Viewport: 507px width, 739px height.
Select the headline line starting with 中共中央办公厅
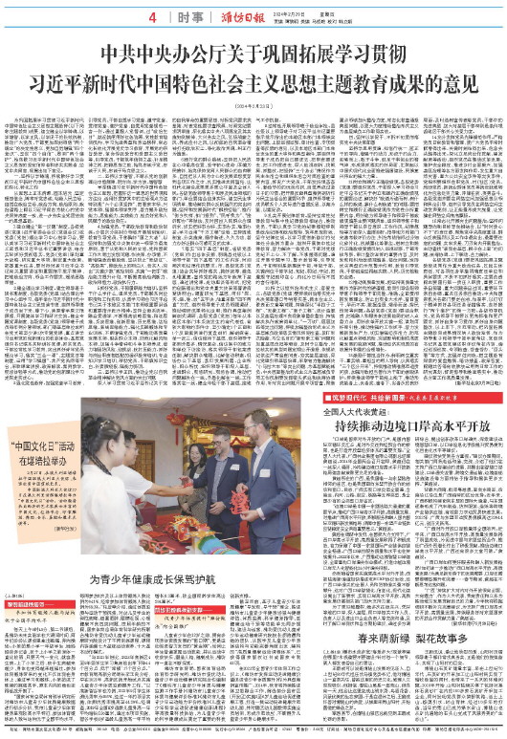(x=253, y=53)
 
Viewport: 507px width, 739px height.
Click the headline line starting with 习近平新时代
(x=253, y=78)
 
